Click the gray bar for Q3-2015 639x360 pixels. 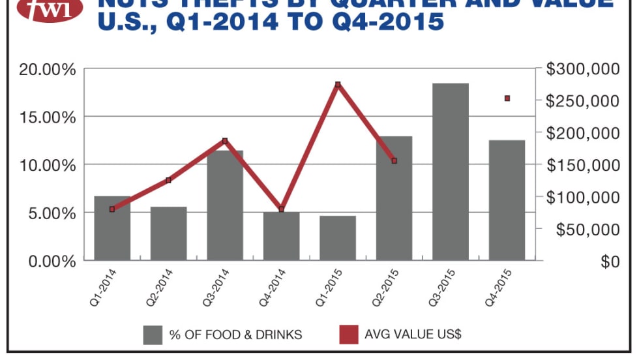click(x=451, y=172)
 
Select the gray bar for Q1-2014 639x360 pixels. click(x=112, y=228)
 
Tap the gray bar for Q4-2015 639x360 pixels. click(x=507, y=200)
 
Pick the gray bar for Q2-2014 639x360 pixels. click(x=168, y=233)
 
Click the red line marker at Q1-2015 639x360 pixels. click(x=338, y=85)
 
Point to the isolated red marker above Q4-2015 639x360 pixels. click(x=507, y=98)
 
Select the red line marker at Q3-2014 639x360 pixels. click(x=225, y=141)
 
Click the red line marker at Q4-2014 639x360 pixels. click(x=282, y=209)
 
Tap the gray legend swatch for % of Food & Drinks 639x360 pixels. click(x=153, y=335)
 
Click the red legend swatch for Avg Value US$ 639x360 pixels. click(x=348, y=335)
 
